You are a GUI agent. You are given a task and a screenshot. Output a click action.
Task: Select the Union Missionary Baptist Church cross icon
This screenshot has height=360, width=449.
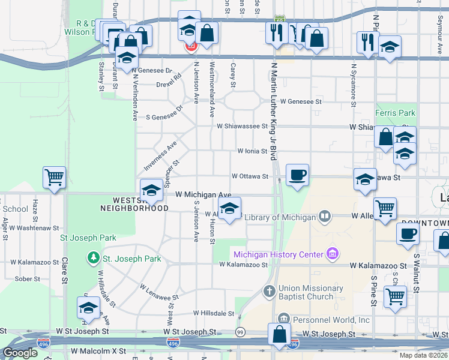[270, 292]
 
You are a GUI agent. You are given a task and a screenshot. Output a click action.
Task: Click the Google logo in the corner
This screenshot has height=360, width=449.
[20, 353]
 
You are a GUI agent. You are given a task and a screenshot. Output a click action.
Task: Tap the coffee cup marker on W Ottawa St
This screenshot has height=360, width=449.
[297, 175]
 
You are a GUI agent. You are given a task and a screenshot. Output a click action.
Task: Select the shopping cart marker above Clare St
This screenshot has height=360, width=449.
[54, 178]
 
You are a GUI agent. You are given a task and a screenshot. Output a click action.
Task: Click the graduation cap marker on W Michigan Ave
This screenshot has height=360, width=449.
[151, 190]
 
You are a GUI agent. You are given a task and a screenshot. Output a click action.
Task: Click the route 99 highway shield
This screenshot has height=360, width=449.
[240, 332]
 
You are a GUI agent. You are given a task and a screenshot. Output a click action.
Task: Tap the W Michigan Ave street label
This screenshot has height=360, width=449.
[203, 195]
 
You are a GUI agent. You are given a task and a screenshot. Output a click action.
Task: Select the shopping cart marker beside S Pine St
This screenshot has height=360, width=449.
[394, 296]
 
